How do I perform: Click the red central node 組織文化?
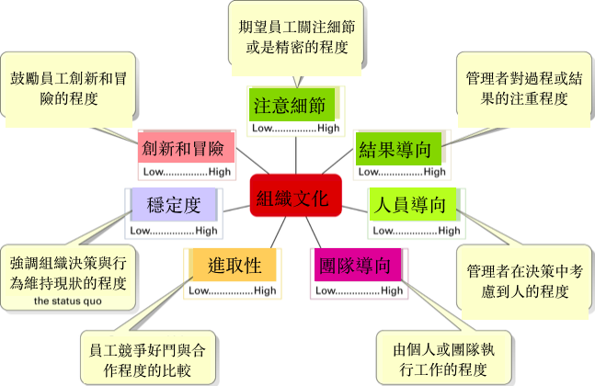click(x=296, y=196)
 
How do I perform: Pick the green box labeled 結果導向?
click(x=398, y=149)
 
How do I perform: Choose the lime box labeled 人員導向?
click(x=414, y=204)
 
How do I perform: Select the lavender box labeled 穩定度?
click(x=173, y=204)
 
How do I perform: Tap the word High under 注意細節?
click(x=328, y=128)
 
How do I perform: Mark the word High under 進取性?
click(x=265, y=291)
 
